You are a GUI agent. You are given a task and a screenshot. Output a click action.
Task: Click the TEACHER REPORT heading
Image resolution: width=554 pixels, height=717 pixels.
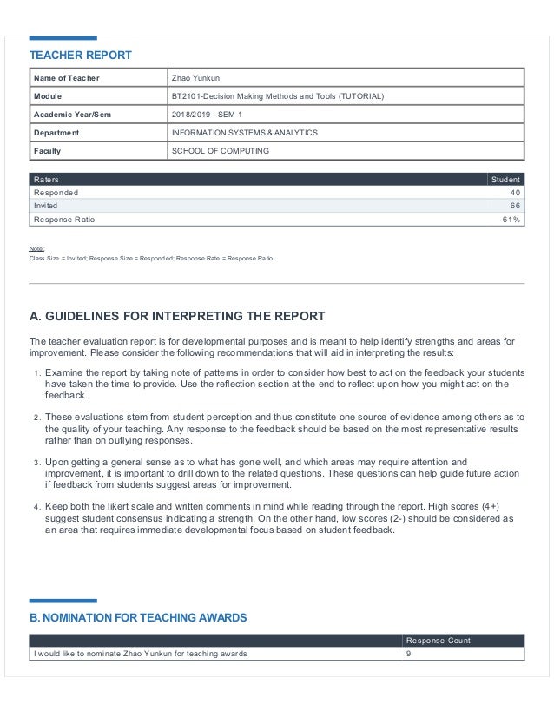[81, 56]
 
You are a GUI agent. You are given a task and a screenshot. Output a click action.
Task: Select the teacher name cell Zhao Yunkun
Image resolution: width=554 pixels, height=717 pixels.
[196, 78]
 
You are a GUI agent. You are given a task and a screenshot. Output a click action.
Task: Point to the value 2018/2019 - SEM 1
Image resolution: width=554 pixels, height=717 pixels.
[209, 115]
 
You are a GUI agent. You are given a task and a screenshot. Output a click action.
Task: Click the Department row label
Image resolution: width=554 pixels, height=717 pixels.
[56, 133]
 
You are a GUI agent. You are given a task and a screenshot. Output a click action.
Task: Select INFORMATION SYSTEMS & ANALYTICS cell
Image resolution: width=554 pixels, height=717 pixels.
[246, 133]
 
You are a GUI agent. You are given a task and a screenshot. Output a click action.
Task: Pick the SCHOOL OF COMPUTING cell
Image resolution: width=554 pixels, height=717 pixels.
[221, 151]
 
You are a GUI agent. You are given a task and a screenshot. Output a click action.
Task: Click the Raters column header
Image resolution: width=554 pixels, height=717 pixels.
[46, 179]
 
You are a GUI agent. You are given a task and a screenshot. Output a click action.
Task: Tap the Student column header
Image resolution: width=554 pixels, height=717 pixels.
[505, 179]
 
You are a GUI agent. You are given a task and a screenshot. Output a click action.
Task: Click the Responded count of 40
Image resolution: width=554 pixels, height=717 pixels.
[515, 192]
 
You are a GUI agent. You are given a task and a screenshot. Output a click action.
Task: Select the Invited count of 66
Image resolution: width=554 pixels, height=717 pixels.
[515, 206]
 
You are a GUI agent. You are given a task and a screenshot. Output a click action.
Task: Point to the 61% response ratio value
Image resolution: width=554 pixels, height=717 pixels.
[511, 220]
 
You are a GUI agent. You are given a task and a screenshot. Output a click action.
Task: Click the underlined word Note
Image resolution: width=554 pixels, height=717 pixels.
[37, 248]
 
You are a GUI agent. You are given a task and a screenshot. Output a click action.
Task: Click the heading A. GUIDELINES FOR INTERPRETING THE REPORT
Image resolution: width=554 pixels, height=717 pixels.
[177, 316]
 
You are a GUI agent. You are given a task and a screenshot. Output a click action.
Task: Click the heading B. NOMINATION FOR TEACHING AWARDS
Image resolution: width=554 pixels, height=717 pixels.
[138, 618]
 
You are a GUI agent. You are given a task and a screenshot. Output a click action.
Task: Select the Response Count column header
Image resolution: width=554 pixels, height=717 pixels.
[439, 641]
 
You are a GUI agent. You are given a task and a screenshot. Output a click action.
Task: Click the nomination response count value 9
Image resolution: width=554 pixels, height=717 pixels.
[409, 654]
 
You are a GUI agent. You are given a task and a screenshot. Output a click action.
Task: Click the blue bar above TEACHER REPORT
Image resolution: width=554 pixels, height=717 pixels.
[63, 38]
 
